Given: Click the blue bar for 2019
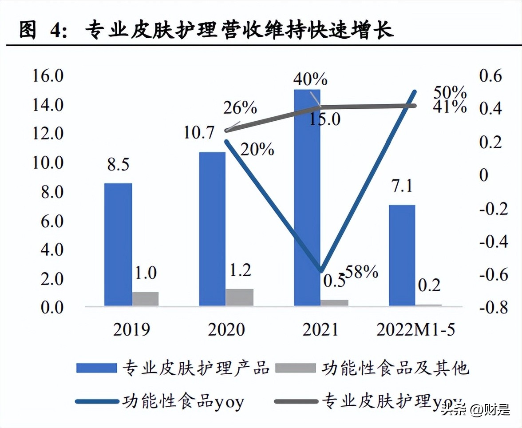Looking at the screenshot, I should [x=118, y=244].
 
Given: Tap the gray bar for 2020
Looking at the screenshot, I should [x=240, y=297].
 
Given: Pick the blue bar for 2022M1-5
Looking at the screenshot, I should [x=402, y=255].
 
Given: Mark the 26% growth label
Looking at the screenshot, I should [x=240, y=107].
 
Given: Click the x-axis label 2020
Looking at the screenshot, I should [x=226, y=329].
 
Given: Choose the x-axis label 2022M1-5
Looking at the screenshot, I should [x=415, y=329].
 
